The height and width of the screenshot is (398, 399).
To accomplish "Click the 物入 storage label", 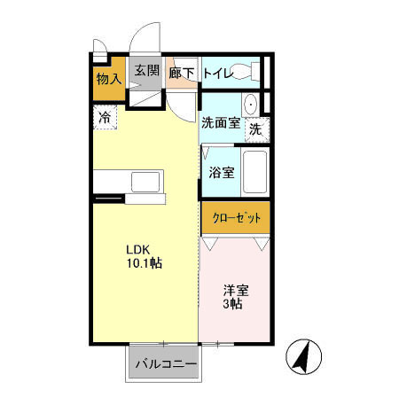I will pyautogui.click(x=109, y=79).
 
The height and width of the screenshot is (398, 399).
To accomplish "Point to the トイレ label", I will pyautogui.click(x=218, y=74).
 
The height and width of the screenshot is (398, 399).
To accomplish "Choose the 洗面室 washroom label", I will pyautogui.click(x=221, y=123).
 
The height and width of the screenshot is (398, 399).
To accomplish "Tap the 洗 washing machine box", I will pyautogui.click(x=255, y=128).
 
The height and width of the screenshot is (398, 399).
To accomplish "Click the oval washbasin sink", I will pyautogui.click(x=251, y=104).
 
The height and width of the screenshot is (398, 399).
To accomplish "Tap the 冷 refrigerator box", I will pyautogui.click(x=106, y=116).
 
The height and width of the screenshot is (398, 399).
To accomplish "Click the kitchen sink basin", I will pyautogui.click(x=145, y=181).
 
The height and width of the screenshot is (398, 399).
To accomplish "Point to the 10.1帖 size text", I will pyautogui.click(x=143, y=263).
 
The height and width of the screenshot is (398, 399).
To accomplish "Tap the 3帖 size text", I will pyautogui.click(x=232, y=304).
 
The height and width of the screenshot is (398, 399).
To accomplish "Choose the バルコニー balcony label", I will pyautogui.click(x=165, y=363).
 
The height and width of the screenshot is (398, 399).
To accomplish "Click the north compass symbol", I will pyautogui.click(x=304, y=356).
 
